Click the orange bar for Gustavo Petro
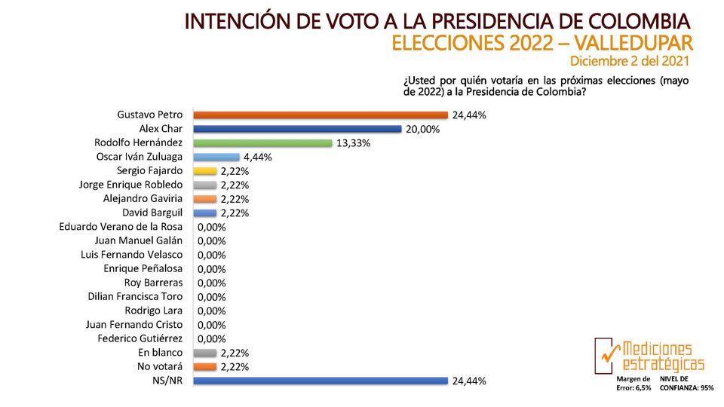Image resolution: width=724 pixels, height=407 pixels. [x=321, y=115]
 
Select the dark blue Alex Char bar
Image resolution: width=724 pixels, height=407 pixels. [x=297, y=129]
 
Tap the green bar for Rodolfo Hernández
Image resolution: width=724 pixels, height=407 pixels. [x=262, y=143]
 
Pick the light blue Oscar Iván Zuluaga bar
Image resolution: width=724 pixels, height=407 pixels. [x=216, y=157]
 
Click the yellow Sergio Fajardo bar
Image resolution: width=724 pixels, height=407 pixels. [x=205, y=171]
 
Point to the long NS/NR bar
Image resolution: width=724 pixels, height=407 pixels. [x=321, y=381]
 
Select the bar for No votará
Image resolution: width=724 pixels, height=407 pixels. [x=205, y=367]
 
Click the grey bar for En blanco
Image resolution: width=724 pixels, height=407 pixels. [x=205, y=353]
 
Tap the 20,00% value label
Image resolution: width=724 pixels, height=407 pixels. [x=422, y=130]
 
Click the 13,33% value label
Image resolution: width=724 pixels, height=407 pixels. [x=353, y=143]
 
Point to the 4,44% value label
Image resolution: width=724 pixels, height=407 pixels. [x=258, y=158]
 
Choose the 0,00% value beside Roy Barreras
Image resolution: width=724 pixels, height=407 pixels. [x=211, y=283]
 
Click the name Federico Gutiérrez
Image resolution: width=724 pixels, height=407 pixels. [x=140, y=338]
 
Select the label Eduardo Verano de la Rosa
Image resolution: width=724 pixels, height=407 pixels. [x=121, y=227]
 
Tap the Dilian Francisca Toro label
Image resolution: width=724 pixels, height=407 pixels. [x=135, y=296]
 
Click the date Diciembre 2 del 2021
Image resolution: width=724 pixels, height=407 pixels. [x=629, y=61]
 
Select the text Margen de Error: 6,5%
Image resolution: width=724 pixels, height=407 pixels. [x=633, y=384]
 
